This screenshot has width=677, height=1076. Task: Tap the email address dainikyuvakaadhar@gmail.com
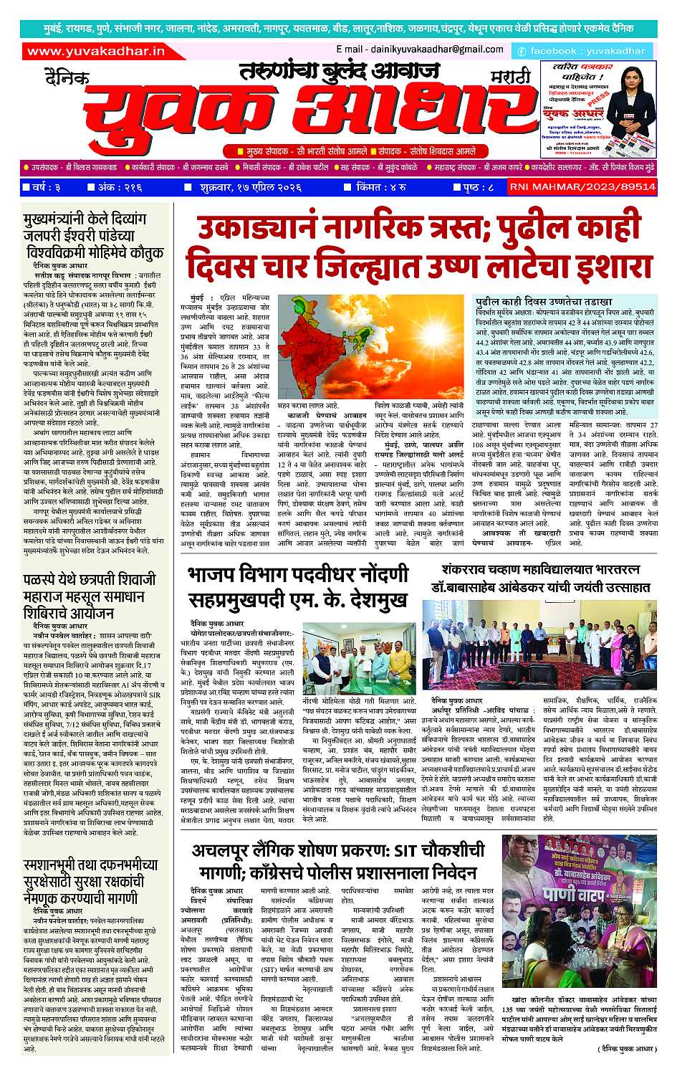[419, 49]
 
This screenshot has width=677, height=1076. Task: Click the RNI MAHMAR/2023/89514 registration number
[582, 186]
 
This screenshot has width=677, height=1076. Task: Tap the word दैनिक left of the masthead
[66, 75]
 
